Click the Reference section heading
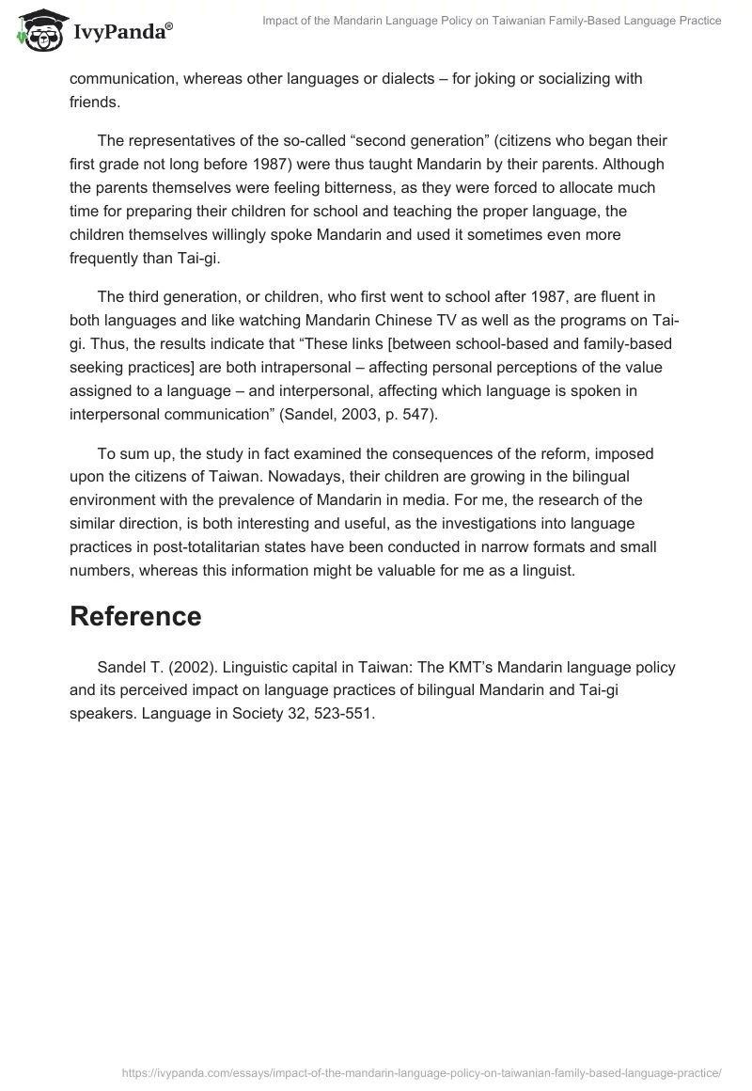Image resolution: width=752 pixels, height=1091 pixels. [135, 616]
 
